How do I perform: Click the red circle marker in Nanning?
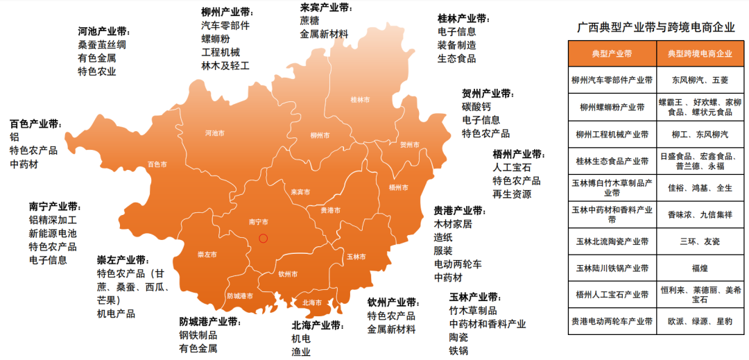click(263, 238)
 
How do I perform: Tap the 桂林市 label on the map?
click(360, 100)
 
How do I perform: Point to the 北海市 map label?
click(312, 302)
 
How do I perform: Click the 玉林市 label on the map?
click(356, 256)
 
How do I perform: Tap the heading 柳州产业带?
click(227, 12)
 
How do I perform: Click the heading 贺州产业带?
click(488, 94)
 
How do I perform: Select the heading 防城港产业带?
click(209, 322)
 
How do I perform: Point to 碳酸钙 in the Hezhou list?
click(476, 107)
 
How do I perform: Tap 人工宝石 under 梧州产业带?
click(512, 167)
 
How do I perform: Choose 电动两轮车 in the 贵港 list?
click(458, 264)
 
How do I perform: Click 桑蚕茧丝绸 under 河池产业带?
click(102, 44)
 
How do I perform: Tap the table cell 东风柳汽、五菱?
click(699, 80)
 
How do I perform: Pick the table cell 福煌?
click(699, 268)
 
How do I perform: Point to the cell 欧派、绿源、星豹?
click(699, 322)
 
